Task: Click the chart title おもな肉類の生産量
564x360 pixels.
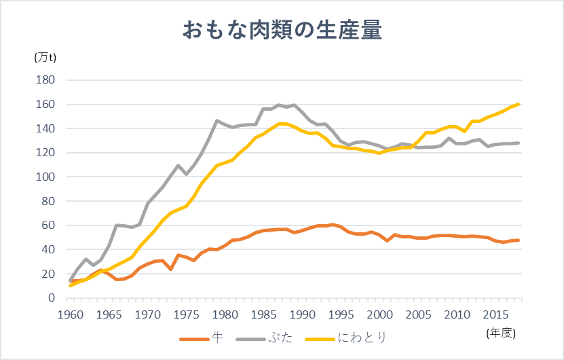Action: [282, 31]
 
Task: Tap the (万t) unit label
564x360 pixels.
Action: [45, 58]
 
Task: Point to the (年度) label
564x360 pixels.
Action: [502, 332]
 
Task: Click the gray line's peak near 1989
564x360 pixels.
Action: [293, 105]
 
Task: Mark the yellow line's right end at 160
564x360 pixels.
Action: [519, 104]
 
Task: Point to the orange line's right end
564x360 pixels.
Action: [519, 240]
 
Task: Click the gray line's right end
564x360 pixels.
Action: [519, 143]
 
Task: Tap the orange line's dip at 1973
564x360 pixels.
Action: [170, 270]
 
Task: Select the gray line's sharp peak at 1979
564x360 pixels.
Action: [217, 121]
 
